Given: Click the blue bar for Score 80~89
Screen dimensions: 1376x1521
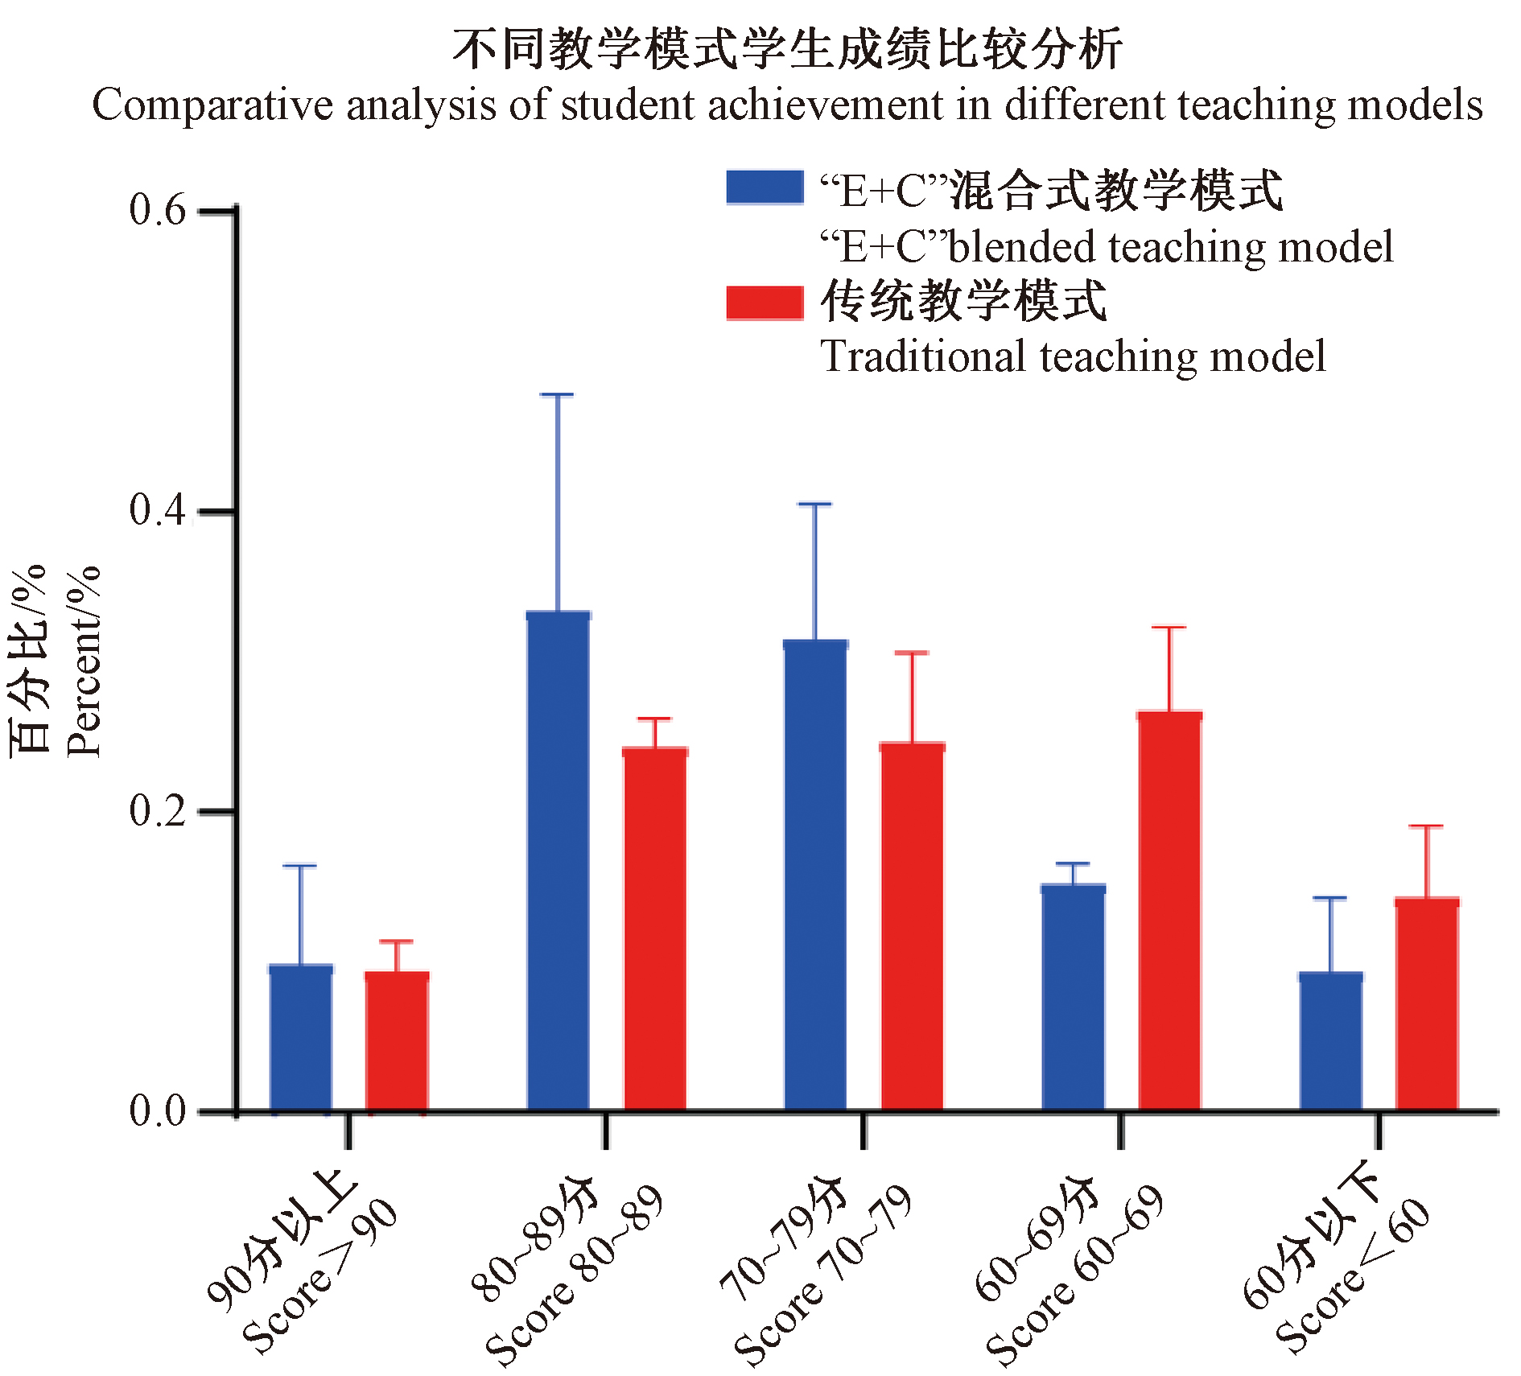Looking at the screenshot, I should (558, 861).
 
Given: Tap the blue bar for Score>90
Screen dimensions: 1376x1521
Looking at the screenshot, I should (300, 1038).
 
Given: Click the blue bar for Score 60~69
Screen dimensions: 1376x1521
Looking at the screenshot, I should (1073, 998).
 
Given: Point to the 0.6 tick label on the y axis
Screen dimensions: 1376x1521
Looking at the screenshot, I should (157, 210).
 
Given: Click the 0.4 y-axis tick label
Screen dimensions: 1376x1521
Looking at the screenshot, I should (157, 510).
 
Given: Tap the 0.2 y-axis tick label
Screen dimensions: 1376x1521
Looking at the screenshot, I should (157, 810).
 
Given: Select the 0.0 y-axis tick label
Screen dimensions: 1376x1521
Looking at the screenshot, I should (157, 1111).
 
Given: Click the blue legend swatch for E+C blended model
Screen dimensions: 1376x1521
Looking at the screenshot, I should (765, 187).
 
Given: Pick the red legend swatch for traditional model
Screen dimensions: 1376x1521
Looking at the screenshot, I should (765, 303).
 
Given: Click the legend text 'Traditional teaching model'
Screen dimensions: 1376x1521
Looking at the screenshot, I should (1073, 356).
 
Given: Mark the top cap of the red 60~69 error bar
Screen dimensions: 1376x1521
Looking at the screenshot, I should (1169, 627).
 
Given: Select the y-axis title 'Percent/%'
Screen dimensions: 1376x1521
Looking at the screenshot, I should (84, 661).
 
